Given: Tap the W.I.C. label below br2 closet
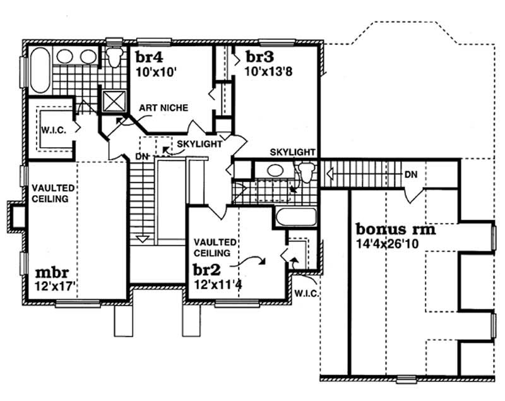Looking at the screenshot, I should coord(306,294).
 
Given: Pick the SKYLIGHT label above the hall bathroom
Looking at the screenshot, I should coord(293,152).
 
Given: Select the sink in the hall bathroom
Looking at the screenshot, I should coord(275,171).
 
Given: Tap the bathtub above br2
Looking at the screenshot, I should coord(291,219).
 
